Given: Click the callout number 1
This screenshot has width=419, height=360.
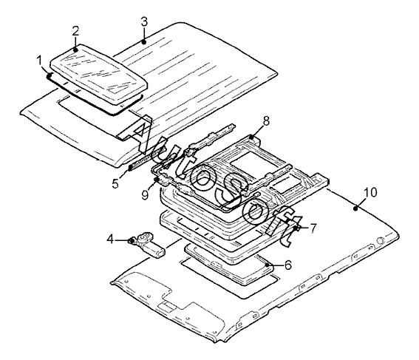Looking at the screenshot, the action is [40, 61].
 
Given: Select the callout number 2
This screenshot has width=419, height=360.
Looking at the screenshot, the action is [75, 31].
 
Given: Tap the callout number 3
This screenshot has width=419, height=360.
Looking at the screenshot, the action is [144, 22].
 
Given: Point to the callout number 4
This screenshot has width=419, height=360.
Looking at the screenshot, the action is [110, 239].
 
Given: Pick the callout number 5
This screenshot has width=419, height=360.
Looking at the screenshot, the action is [115, 183].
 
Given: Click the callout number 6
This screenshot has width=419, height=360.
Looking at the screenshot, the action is [288, 265].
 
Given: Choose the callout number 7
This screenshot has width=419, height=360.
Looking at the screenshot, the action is [313, 228].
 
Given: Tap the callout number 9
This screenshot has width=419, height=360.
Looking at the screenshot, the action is [145, 194].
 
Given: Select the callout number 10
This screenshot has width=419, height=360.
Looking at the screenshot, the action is [371, 192].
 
